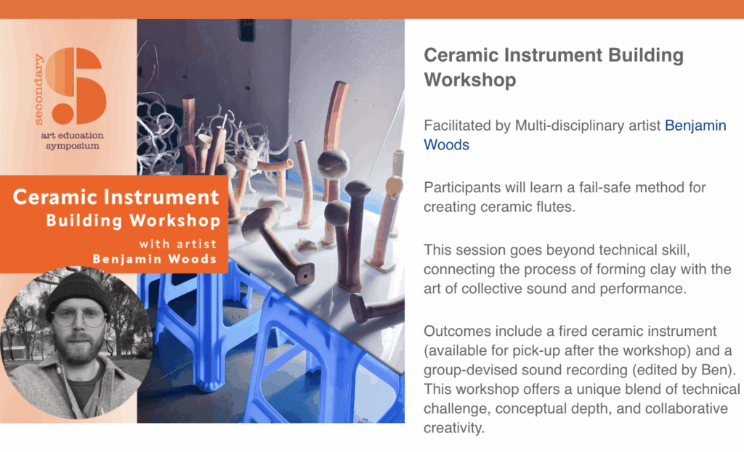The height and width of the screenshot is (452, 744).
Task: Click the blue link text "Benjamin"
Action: point(695,126)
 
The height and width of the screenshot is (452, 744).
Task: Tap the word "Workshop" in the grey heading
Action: point(470,80)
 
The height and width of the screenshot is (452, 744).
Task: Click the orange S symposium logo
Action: point(76,86)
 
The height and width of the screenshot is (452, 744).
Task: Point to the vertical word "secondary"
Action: point(39,89)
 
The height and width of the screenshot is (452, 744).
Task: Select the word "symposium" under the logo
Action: point(73,146)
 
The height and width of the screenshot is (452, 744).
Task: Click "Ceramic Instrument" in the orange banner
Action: point(116,197)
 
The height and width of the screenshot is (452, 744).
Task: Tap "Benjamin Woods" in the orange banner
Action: point(155,259)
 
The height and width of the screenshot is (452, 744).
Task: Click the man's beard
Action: point(81,348)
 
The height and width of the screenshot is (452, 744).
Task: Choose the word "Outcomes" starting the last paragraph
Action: point(453,331)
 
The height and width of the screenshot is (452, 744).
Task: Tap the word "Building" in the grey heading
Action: point(646,55)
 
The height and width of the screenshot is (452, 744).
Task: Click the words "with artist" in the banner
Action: point(178,244)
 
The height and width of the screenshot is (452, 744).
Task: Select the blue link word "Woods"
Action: point(447,145)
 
